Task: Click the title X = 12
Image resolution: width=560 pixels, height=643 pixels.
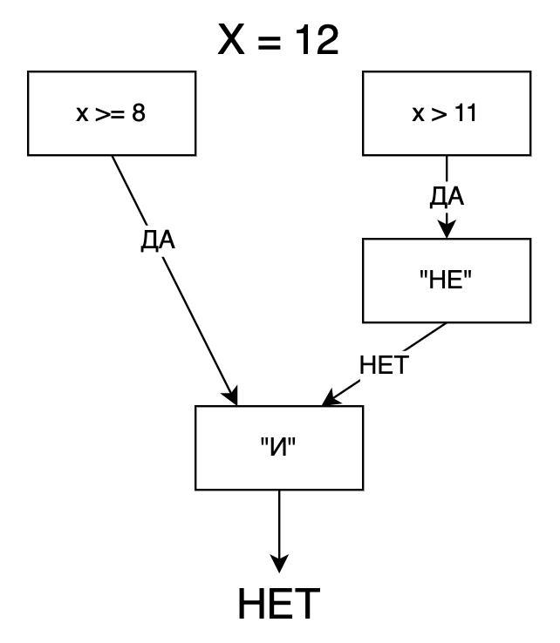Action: [278, 40]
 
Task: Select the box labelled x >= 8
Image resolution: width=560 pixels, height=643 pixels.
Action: [112, 113]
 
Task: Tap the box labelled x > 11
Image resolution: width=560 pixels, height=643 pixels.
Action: [446, 113]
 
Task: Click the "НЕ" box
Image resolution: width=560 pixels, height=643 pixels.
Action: [446, 281]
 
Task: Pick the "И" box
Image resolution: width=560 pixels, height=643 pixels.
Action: [278, 447]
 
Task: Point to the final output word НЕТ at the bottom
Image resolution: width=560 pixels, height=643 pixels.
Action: [279, 605]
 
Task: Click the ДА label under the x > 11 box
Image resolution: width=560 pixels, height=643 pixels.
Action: [447, 197]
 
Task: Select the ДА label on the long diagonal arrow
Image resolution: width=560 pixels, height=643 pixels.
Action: [158, 240]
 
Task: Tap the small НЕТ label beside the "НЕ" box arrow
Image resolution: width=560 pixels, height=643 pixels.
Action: [384, 365]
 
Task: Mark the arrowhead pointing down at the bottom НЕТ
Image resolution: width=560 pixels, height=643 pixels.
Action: [279, 564]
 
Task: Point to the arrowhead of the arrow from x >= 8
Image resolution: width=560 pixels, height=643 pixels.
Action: [233, 398]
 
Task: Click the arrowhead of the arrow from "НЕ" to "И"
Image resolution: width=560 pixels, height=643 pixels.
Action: [330, 400]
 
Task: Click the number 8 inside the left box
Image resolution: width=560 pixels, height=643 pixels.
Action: [139, 113]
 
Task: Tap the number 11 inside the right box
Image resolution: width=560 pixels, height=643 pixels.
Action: [467, 113]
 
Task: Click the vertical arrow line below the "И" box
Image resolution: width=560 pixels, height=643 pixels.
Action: [279, 523]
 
